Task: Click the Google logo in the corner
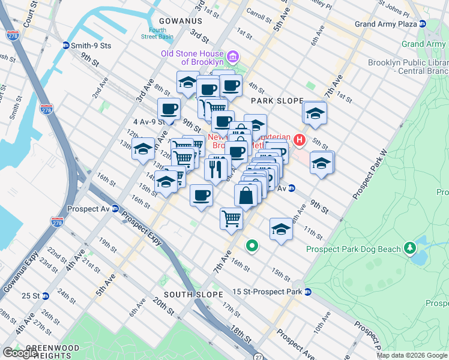pos(20,353)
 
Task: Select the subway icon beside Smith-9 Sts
pos(65,45)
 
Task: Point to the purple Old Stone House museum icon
pos(234,58)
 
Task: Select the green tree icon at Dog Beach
pos(410,247)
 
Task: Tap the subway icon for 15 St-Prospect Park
pos(307,292)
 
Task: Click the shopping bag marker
pos(247,195)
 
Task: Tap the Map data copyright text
pos(411,355)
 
